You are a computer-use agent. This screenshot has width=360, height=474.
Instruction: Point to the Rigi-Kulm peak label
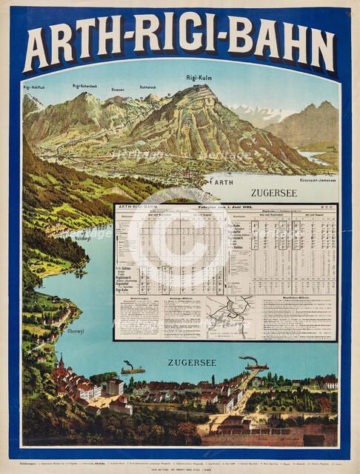(x=199, y=77)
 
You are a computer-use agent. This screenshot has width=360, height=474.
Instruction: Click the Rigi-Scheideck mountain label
(x=87, y=86)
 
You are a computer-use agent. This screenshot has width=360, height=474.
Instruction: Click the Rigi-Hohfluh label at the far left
(x=35, y=87)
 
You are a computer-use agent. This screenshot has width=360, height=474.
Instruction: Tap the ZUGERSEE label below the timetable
(x=193, y=362)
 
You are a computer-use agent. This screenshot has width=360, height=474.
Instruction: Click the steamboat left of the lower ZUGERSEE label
(x=133, y=369)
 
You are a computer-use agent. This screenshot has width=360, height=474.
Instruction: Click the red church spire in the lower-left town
(x=61, y=363)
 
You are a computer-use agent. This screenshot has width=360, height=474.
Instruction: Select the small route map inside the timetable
(x=230, y=317)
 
